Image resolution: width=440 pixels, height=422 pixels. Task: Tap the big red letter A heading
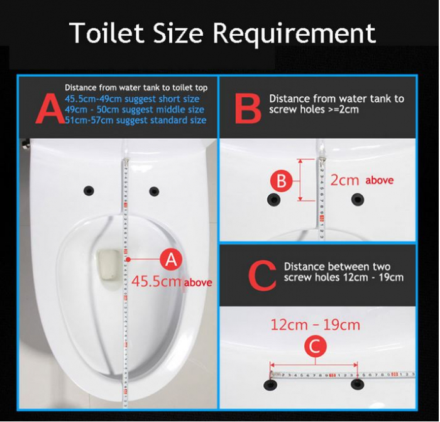point(49,109)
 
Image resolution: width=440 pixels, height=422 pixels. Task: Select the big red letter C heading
point(262,274)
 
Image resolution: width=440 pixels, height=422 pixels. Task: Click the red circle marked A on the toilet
point(170,258)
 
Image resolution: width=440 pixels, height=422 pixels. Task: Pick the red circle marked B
point(282,181)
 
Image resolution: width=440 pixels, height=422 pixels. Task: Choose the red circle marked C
point(315,346)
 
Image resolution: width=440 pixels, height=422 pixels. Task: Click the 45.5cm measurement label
point(157,281)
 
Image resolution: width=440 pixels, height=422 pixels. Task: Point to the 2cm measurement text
point(345,180)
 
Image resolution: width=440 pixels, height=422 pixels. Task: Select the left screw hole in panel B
point(274,200)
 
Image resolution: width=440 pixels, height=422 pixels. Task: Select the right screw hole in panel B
point(358,200)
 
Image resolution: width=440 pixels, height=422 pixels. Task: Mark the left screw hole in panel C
point(272,382)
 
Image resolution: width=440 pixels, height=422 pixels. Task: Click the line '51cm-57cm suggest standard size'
point(135,119)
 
